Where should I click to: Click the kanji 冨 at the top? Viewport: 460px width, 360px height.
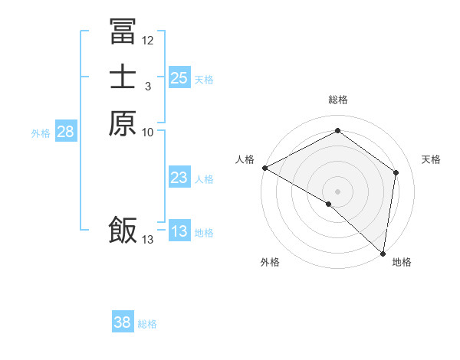click(123, 31)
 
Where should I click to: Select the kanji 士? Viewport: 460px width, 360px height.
click(123, 77)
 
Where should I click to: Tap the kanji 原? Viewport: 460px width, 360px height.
click(123, 123)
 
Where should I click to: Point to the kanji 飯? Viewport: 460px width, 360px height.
click(123, 230)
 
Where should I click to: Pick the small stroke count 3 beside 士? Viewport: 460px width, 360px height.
click(148, 87)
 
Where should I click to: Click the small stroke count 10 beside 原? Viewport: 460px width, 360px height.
click(148, 133)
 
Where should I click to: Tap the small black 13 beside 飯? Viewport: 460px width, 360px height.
click(148, 240)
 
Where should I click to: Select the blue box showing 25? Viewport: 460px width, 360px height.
click(179, 78)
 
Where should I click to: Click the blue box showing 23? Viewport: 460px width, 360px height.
click(179, 178)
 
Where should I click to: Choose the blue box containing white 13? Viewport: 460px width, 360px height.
click(179, 231)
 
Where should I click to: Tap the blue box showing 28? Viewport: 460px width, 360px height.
click(65, 132)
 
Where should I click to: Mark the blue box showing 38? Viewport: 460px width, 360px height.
click(122, 322)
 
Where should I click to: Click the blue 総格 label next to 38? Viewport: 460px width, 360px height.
click(147, 324)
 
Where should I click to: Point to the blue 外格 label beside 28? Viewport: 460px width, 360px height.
click(41, 133)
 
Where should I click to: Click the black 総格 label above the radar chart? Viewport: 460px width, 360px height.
click(337, 100)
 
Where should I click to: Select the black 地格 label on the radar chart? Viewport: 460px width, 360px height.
click(402, 262)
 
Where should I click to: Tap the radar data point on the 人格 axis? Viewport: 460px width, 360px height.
click(264, 168)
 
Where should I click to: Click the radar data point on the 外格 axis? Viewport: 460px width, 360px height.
click(329, 204)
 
